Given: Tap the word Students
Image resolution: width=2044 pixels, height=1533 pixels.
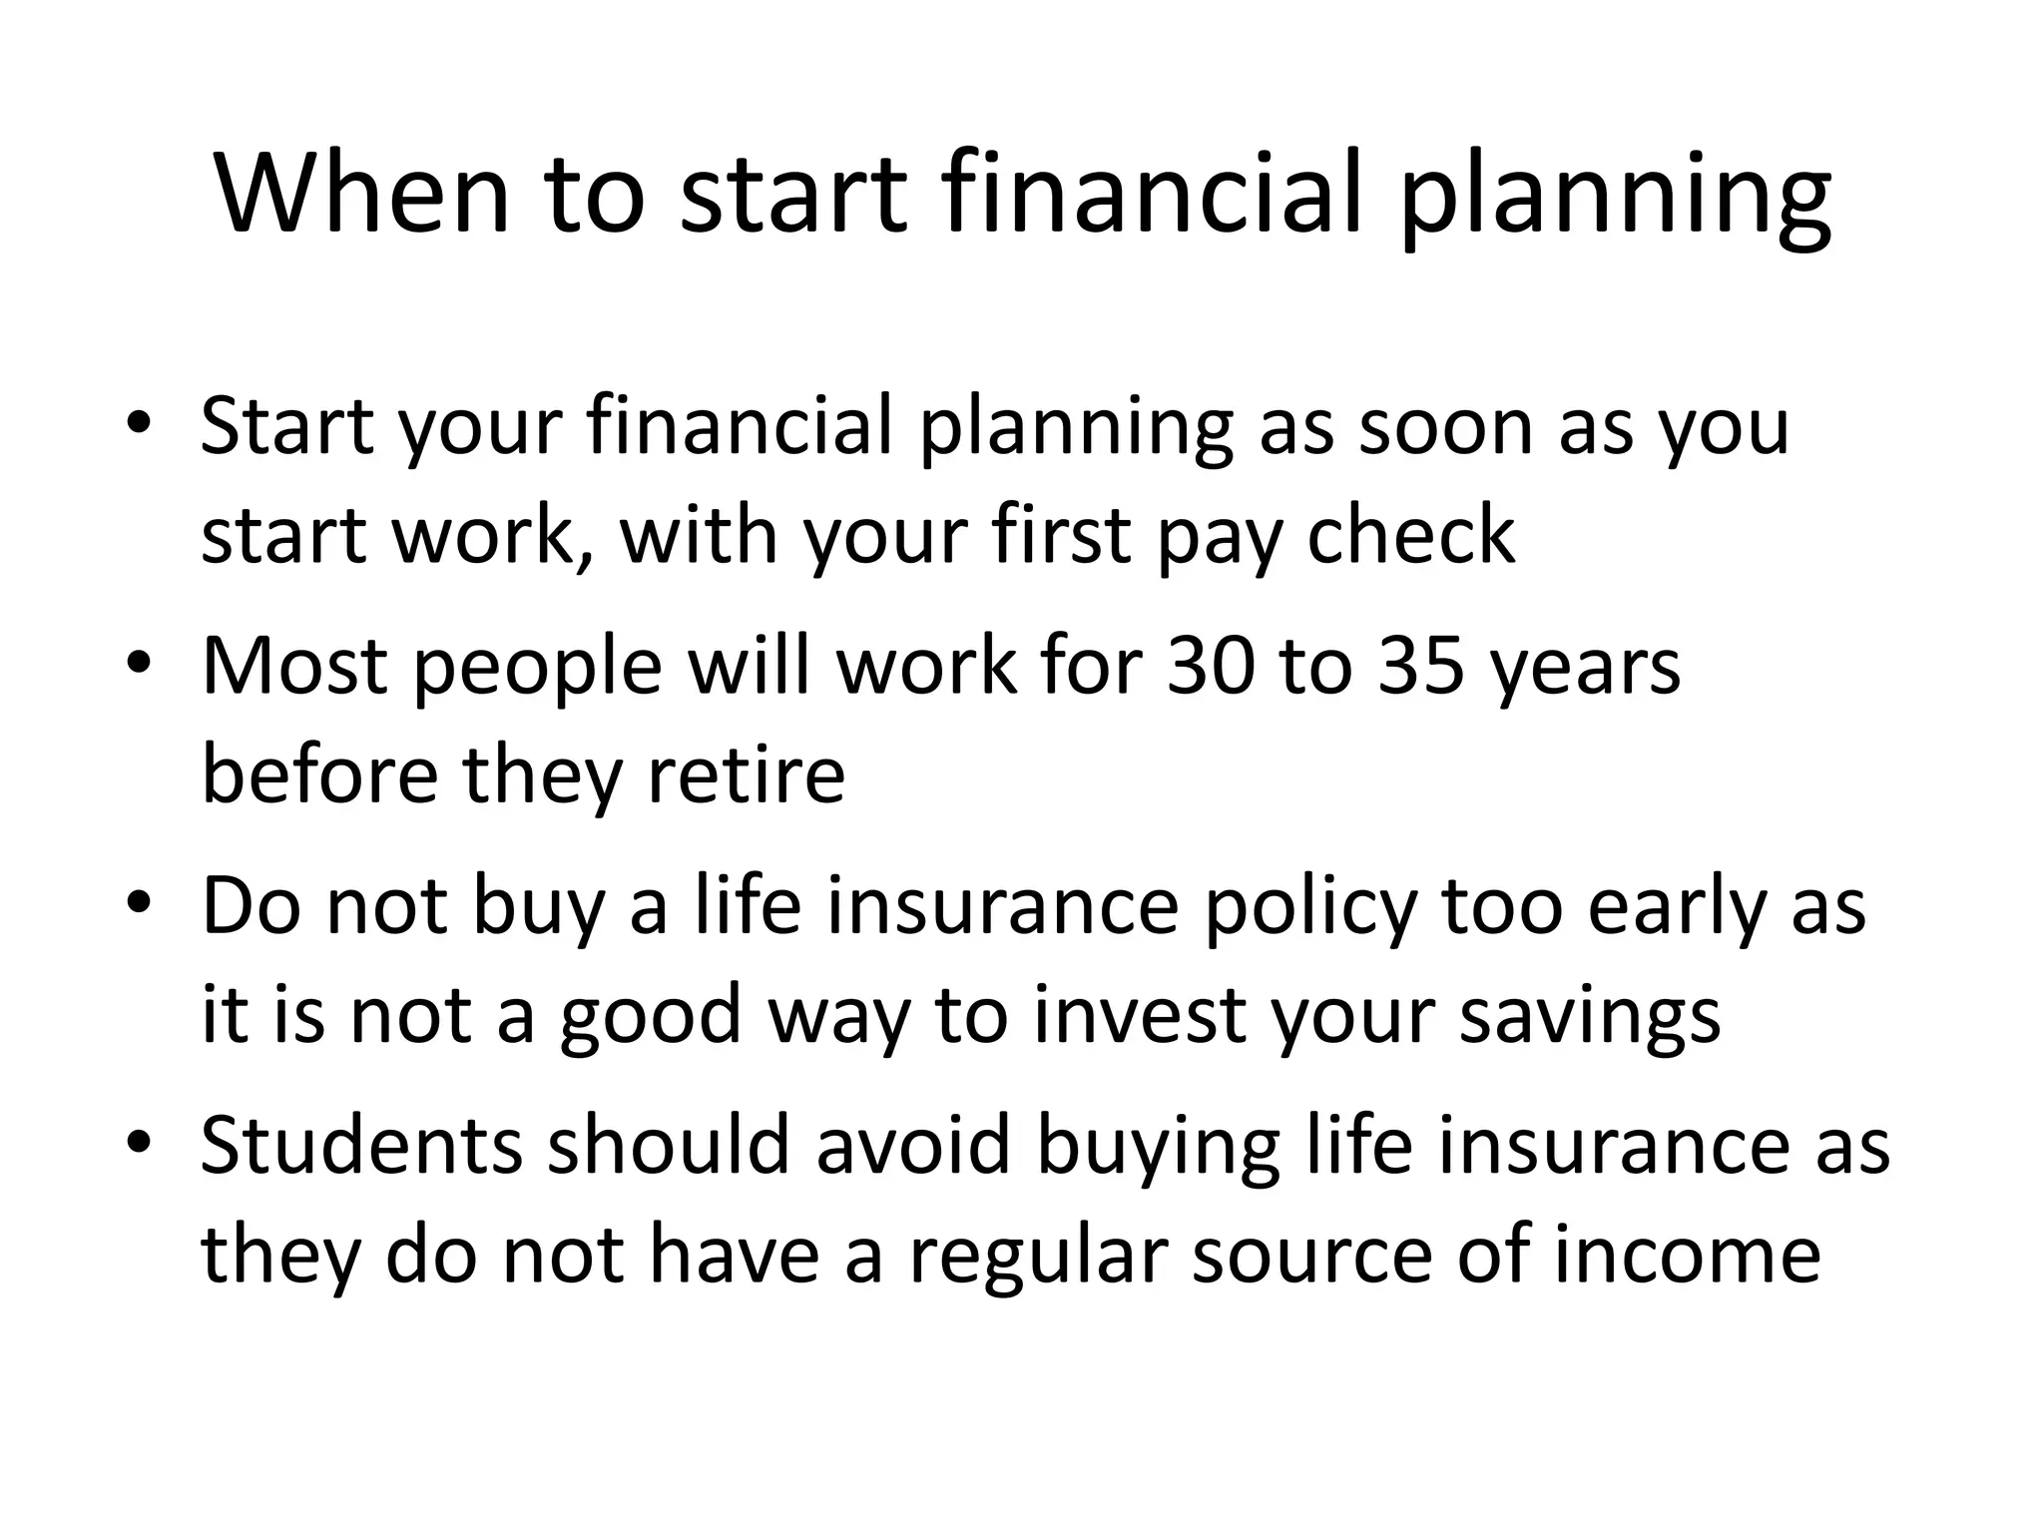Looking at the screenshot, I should coord(361,1146).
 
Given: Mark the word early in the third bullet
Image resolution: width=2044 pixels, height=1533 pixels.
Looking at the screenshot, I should coord(1676,910).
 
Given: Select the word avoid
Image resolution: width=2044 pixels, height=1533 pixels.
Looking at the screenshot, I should coord(914,1146).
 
